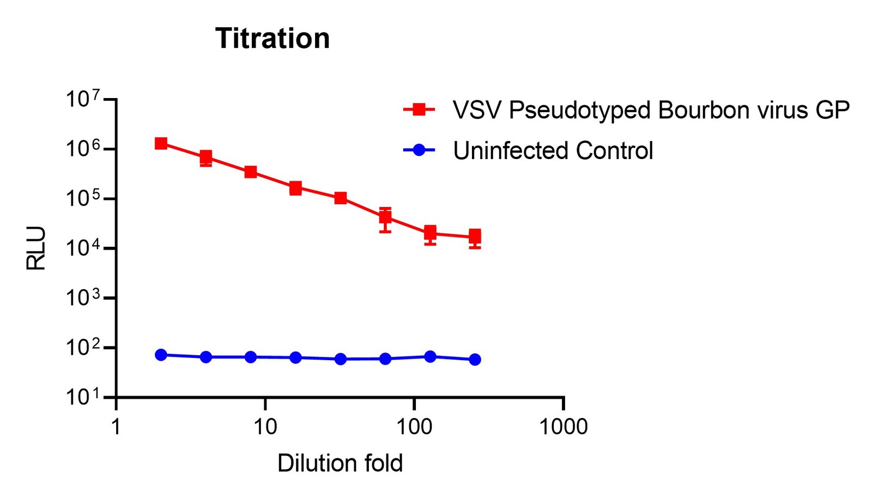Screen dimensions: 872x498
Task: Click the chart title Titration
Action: coord(272,38)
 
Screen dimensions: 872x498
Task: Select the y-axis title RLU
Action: coord(36,248)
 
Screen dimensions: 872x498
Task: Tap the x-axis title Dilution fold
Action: coord(340,463)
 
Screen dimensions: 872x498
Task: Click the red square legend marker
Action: coord(419,110)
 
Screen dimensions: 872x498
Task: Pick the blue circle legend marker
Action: coord(419,150)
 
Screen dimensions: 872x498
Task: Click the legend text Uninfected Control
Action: coord(553,150)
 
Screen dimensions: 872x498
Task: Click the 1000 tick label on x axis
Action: coord(564,427)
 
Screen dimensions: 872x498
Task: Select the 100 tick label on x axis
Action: coord(414,427)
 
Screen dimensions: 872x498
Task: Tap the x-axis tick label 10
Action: coord(265,427)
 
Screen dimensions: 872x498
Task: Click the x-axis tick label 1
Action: coord(116,427)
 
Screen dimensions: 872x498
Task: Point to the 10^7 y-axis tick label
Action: coord(83,99)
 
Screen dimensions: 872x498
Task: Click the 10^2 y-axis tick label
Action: coord(83,347)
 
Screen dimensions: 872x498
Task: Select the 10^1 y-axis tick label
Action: coord(83,397)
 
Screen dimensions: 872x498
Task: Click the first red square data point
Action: coord(161,143)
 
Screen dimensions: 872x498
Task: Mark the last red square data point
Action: coord(475,236)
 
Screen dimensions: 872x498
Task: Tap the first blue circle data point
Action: coord(161,355)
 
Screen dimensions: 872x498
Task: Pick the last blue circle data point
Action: coord(475,360)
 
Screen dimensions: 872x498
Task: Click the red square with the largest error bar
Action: coord(385,216)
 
